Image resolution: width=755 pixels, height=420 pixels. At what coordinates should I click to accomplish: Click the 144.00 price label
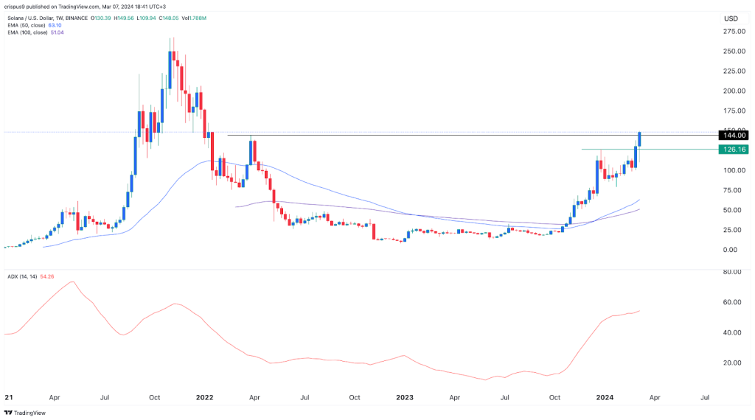click(x=736, y=136)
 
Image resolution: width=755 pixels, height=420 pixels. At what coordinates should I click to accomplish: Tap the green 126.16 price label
click(x=736, y=150)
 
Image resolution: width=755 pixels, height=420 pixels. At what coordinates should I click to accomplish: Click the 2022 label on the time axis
click(x=204, y=398)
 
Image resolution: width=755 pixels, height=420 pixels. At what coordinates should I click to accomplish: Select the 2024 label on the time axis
click(x=606, y=398)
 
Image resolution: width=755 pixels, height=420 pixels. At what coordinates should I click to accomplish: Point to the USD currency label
click(x=731, y=18)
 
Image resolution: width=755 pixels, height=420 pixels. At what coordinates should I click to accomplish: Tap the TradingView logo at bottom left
click(x=26, y=413)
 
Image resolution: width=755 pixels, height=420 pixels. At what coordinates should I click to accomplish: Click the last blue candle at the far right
click(x=640, y=139)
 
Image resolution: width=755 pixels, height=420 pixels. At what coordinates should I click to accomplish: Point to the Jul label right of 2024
click(x=705, y=398)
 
